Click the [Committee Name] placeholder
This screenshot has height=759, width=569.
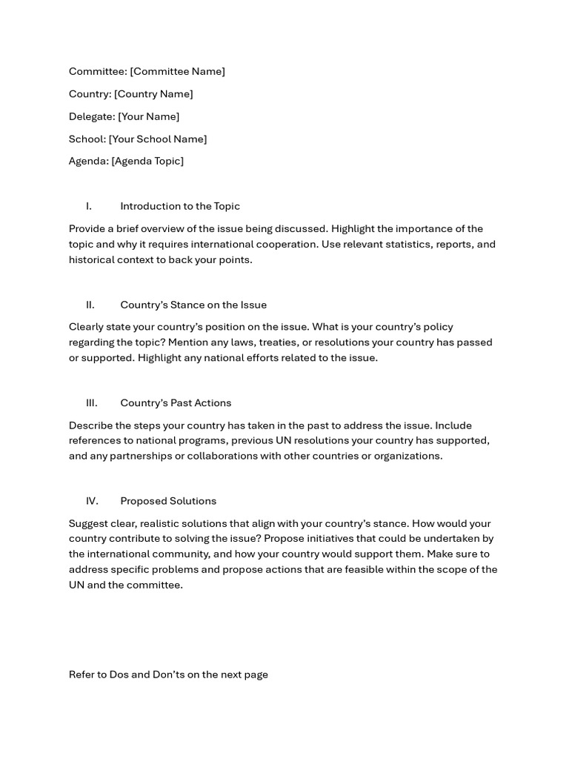177,71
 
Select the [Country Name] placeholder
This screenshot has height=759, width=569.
153,94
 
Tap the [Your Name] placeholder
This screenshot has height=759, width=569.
148,116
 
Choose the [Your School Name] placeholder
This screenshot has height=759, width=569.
158,139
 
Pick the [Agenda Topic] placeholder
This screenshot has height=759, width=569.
147,161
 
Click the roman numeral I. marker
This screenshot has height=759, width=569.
89,206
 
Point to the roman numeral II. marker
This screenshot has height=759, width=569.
90,305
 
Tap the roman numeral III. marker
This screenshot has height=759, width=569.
92,403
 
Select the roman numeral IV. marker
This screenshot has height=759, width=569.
92,501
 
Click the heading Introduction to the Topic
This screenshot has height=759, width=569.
180,206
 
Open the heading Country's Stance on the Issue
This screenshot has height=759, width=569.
193,305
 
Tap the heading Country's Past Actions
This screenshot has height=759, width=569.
176,403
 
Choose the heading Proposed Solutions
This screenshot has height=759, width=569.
168,501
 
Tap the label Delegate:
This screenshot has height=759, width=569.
92,116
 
